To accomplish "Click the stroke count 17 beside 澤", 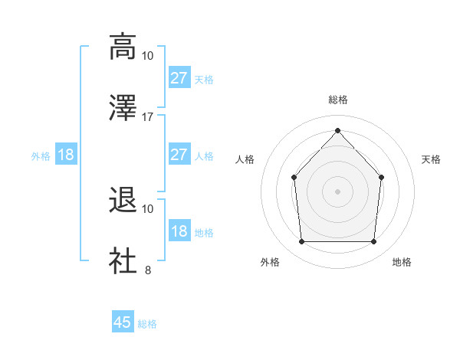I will [148, 116].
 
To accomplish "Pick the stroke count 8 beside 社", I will [148, 270].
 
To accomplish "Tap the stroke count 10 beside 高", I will [148, 56].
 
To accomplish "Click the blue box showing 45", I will [123, 322].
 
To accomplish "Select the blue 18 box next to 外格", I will [66, 155].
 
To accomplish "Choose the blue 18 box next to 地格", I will [179, 232].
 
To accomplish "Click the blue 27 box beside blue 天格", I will [179, 78].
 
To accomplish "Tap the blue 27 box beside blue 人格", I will [179, 155].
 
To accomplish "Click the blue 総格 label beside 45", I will [147, 324].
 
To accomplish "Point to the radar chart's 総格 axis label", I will [337, 100].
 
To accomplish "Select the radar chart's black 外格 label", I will [270, 263].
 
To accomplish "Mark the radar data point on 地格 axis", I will [374, 242].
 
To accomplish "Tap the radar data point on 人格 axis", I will [294, 177].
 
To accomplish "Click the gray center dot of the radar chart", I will [337, 191].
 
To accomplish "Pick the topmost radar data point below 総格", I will [337, 130].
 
